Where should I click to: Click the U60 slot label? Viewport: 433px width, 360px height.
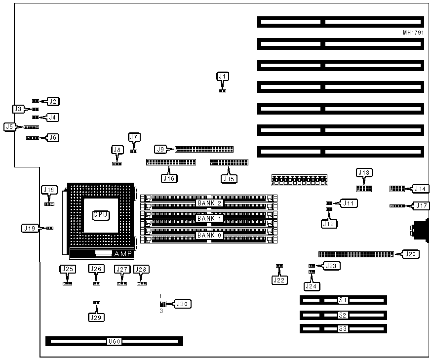pos(114,341)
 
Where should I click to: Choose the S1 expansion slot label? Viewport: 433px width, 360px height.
pos(343,300)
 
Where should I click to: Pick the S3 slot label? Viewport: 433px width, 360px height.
pos(343,328)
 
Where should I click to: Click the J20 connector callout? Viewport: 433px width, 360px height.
pos(411,254)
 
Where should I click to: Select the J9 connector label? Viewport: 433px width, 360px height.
pos(160,149)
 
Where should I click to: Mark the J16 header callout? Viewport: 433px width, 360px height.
pos(169,178)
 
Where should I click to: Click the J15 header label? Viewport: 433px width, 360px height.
pos(228,178)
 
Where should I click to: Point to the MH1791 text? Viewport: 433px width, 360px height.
pos(413,34)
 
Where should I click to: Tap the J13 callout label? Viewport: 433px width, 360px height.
pos(364,172)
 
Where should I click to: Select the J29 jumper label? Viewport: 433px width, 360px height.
pos(96,318)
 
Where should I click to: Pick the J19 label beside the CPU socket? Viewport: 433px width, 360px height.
pos(29,228)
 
